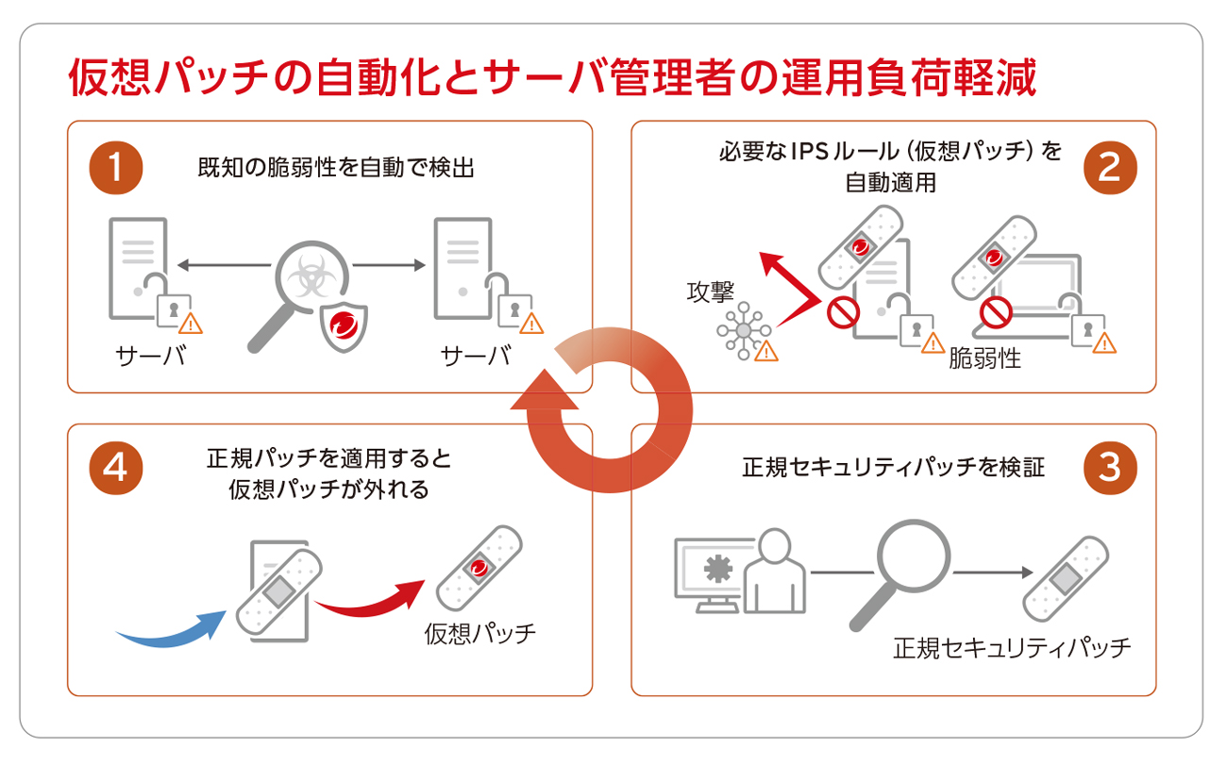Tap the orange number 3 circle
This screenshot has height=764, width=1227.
point(1110,468)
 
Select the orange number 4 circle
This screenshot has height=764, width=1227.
point(115,468)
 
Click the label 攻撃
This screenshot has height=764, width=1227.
point(710,291)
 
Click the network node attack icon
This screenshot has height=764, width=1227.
point(744,329)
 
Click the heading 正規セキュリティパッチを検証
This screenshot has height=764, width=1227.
point(894,467)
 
